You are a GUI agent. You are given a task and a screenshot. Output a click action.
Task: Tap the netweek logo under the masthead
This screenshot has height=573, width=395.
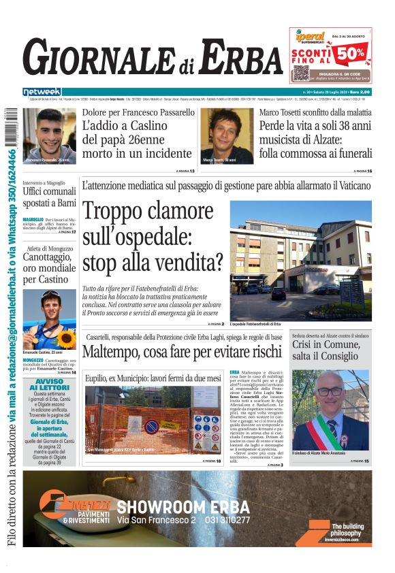click(42, 91)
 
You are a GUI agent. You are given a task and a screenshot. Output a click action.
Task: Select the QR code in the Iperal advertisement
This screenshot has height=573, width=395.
click(301, 73)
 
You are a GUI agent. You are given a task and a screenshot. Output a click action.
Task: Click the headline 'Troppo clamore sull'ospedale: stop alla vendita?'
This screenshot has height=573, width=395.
click(153, 235)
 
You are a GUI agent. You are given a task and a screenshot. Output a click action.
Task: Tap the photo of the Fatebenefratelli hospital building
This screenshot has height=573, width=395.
click(300, 260)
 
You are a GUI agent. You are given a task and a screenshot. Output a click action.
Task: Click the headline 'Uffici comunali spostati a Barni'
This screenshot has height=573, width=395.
click(50, 197)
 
